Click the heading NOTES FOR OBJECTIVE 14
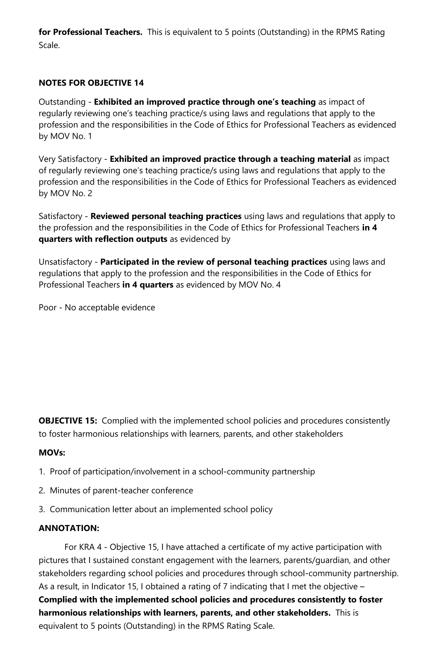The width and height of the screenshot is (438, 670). point(91,83)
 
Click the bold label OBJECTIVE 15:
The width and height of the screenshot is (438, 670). point(68,421)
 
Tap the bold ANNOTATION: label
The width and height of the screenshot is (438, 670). point(69,528)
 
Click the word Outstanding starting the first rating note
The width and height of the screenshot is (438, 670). point(62,102)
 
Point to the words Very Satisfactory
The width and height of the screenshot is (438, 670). point(70,159)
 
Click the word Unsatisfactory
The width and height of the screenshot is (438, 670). point(65,262)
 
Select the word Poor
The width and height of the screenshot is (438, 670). point(47,307)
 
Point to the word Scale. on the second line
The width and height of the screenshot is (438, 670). point(49,45)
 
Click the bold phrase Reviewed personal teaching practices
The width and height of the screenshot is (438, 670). point(166,216)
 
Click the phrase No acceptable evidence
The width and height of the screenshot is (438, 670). point(110,307)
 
